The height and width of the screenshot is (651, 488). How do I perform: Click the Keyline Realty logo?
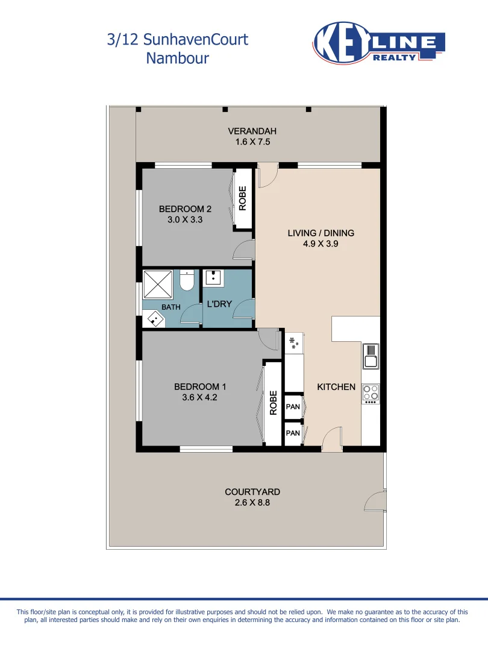pyautogui.click(x=379, y=43)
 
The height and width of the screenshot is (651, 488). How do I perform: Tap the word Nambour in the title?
pyautogui.click(x=177, y=58)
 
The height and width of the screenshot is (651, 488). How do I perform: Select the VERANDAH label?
pyautogui.click(x=252, y=131)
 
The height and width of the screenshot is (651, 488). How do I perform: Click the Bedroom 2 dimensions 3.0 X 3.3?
pyautogui.click(x=185, y=220)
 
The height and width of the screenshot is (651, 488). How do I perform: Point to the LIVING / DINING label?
pyautogui.click(x=321, y=233)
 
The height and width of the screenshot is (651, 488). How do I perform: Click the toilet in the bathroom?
pyautogui.click(x=187, y=281)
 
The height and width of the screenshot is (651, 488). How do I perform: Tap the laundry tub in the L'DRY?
pyautogui.click(x=213, y=278)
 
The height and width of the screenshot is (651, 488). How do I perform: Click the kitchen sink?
pyautogui.click(x=371, y=356)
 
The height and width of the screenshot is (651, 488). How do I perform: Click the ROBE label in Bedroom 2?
pyautogui.click(x=243, y=200)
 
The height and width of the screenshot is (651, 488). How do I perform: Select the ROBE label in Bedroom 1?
pyautogui.click(x=273, y=403)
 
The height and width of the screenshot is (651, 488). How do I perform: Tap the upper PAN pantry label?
pyautogui.click(x=293, y=407)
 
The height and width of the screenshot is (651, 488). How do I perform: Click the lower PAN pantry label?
pyautogui.click(x=293, y=433)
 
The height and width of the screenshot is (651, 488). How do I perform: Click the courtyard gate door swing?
pyautogui.click(x=375, y=500)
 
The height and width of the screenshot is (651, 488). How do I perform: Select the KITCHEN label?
pyautogui.click(x=336, y=387)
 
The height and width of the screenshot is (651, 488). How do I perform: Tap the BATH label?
pyautogui.click(x=170, y=307)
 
